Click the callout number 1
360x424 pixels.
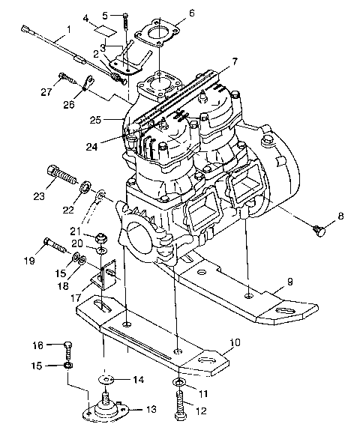point(69,30)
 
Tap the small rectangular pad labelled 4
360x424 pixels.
point(106,31)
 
